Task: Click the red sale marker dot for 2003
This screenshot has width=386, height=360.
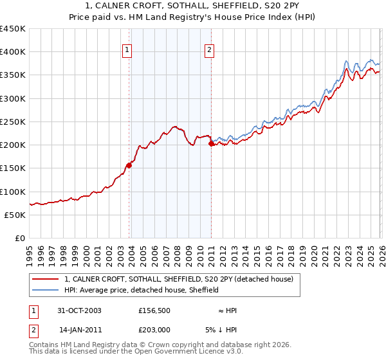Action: tap(129, 165)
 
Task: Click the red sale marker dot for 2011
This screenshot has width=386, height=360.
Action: tap(211, 144)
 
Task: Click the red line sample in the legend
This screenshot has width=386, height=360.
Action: tap(46, 279)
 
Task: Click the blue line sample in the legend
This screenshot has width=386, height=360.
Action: tap(46, 290)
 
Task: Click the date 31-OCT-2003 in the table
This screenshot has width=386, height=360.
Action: tap(80, 310)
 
